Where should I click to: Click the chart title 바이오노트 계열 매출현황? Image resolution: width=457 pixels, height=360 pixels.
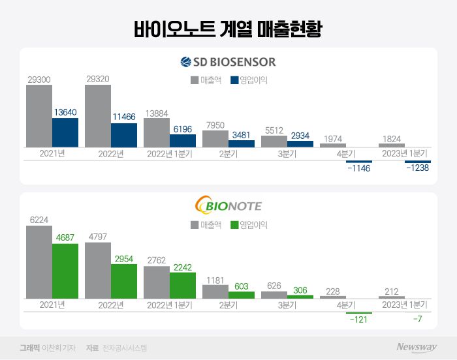(x=228, y=28)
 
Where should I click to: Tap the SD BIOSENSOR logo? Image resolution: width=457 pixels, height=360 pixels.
(x=228, y=63)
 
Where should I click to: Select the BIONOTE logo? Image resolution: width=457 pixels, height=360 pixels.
(x=228, y=206)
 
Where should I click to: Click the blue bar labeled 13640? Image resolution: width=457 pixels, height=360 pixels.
(x=65, y=132)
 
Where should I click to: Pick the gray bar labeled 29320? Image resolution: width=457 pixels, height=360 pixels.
(x=98, y=116)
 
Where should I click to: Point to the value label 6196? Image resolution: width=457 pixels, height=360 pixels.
(x=183, y=130)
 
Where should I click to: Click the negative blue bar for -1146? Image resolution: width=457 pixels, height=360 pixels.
(x=358, y=161)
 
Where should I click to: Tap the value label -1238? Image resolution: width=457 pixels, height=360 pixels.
(x=418, y=168)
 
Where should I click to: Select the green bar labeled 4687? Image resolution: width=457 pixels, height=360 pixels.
(x=65, y=271)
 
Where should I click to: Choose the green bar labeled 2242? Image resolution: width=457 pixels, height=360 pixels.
(x=183, y=285)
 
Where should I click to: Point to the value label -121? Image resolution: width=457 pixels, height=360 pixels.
(x=358, y=320)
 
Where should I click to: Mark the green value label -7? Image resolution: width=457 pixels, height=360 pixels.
(x=418, y=320)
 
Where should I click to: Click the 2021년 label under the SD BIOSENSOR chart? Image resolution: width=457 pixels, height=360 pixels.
(x=52, y=154)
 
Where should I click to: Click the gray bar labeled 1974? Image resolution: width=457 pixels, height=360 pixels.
(x=333, y=144)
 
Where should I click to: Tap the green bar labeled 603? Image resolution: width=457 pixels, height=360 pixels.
(x=242, y=295)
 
